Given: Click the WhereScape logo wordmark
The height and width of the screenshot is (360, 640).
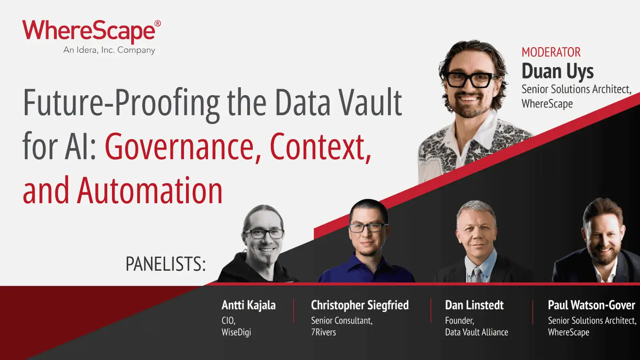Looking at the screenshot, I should [89, 31].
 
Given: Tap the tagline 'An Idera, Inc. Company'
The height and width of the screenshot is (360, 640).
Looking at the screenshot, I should [109, 50].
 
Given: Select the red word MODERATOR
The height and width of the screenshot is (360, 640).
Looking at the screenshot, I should [551, 52].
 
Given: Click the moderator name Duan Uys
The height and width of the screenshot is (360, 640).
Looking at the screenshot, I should [557, 72].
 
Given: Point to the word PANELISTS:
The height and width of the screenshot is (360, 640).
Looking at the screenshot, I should [166, 264].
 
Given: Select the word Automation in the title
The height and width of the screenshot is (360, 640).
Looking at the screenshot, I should [150, 191].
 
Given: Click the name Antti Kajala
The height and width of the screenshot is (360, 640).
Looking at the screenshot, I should [248, 305].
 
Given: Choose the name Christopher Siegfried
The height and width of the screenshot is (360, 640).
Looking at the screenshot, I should [360, 305].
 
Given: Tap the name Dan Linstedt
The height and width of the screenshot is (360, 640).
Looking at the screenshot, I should [474, 305].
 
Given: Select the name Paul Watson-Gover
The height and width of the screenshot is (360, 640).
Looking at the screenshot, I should [591, 305].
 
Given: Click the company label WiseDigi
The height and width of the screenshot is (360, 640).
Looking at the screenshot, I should [236, 332].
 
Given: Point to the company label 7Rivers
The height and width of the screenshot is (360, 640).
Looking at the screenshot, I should [323, 332].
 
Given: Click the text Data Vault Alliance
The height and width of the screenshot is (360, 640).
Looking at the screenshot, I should [476, 332].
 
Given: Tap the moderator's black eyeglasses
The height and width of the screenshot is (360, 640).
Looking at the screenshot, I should [469, 79].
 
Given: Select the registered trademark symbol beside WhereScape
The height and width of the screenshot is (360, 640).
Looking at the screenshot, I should [158, 24].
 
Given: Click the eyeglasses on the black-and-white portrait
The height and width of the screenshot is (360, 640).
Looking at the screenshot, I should [263, 234].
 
